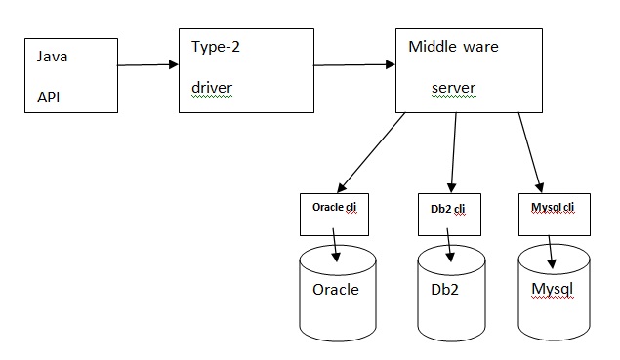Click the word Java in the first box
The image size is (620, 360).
[x=52, y=57]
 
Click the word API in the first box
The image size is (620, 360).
[x=48, y=98]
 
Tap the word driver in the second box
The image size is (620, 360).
[x=211, y=87]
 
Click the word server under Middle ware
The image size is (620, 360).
[x=453, y=88]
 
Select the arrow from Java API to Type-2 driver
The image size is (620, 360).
[x=147, y=65]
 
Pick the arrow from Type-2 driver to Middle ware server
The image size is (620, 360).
[x=352, y=66]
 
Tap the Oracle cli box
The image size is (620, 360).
[x=334, y=215]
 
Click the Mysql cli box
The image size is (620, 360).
[x=553, y=214]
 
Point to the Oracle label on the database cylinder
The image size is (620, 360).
[x=335, y=289]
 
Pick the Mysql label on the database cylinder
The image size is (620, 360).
[x=553, y=289]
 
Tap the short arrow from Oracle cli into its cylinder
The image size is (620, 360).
[x=335, y=245]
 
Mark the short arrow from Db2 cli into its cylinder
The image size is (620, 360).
[x=450, y=245]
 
